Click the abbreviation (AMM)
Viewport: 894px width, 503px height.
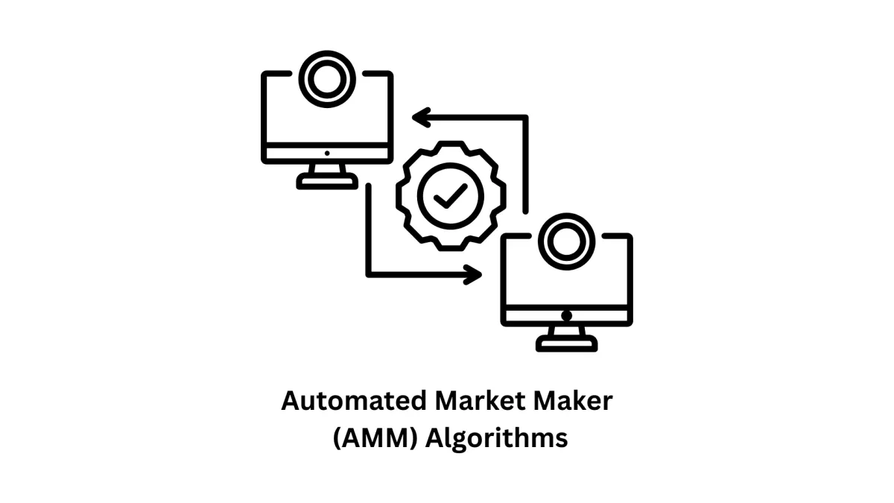(x=375, y=437)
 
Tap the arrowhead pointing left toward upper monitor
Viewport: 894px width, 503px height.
(x=422, y=117)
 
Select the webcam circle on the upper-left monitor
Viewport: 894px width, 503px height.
(x=327, y=78)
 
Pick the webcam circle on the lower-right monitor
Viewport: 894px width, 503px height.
(x=567, y=240)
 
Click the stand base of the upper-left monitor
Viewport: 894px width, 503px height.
(x=327, y=183)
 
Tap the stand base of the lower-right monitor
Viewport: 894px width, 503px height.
(x=567, y=344)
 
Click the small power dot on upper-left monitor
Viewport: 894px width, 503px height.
(x=327, y=154)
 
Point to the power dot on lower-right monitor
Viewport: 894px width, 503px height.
(x=567, y=315)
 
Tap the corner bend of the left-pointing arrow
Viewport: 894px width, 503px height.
(x=525, y=118)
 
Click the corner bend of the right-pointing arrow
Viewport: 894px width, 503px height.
(x=369, y=274)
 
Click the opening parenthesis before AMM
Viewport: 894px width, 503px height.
(x=337, y=437)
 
